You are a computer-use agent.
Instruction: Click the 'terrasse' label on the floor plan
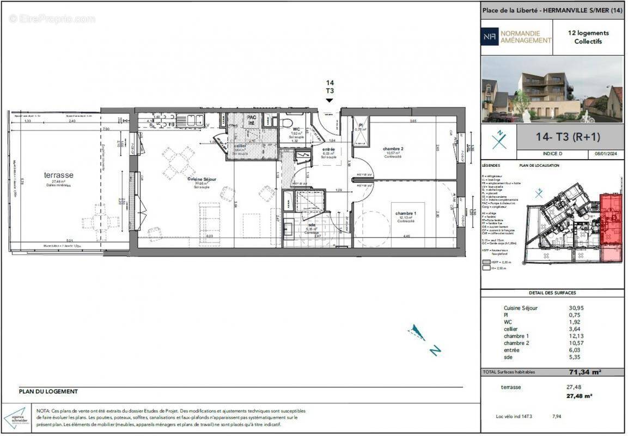pos(58,175)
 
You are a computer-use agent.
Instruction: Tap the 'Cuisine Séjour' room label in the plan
pos(203,179)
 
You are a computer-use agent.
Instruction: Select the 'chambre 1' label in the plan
pos(406,213)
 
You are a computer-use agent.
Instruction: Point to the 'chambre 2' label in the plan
pos(393,149)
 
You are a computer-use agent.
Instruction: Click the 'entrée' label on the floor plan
pos(328,149)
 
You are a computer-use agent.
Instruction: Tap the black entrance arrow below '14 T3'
pos(329,100)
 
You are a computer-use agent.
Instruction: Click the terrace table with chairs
pos(100,222)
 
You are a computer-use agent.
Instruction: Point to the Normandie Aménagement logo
pos(516,37)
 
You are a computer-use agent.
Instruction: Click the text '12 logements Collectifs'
pos(588,37)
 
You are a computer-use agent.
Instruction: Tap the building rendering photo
pos(552,89)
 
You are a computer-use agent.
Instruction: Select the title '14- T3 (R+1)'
pos(569,137)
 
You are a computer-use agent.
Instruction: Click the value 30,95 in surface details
pos(576,308)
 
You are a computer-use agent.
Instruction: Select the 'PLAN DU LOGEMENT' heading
pos(48,391)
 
